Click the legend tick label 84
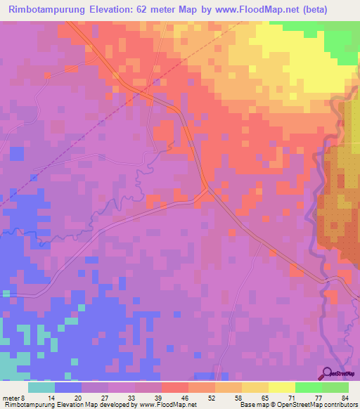345,398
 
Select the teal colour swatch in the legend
41,387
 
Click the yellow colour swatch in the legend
281,387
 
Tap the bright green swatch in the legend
308,387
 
